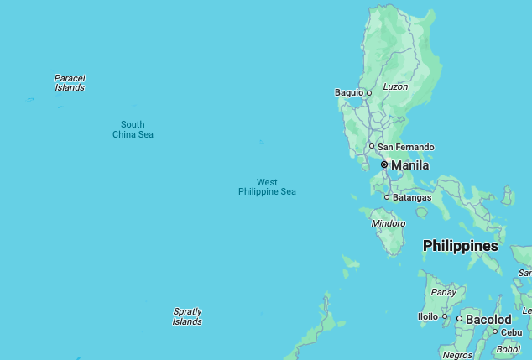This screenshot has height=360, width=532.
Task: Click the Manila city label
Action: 409,165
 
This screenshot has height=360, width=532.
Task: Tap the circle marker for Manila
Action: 384,164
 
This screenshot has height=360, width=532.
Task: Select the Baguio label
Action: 348,92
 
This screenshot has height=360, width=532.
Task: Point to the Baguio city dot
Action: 368,93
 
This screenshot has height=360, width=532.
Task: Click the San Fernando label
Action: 406,147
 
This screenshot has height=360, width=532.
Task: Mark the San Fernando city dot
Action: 372,147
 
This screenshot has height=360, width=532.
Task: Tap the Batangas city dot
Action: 387,197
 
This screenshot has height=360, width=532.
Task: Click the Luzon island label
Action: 395,86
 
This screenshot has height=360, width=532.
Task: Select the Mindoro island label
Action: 388,223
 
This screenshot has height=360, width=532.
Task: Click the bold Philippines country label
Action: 460,246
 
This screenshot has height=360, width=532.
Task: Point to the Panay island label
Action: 444,292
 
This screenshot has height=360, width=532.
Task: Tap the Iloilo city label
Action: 428,316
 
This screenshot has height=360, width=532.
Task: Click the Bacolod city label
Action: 488,320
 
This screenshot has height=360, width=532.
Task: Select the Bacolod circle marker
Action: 459,319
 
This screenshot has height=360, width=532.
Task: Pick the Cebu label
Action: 512,331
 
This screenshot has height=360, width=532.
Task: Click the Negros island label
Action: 458,355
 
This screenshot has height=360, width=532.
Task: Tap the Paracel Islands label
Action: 70,82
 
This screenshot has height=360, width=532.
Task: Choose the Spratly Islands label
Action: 187,316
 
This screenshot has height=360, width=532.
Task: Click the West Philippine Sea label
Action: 267,186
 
